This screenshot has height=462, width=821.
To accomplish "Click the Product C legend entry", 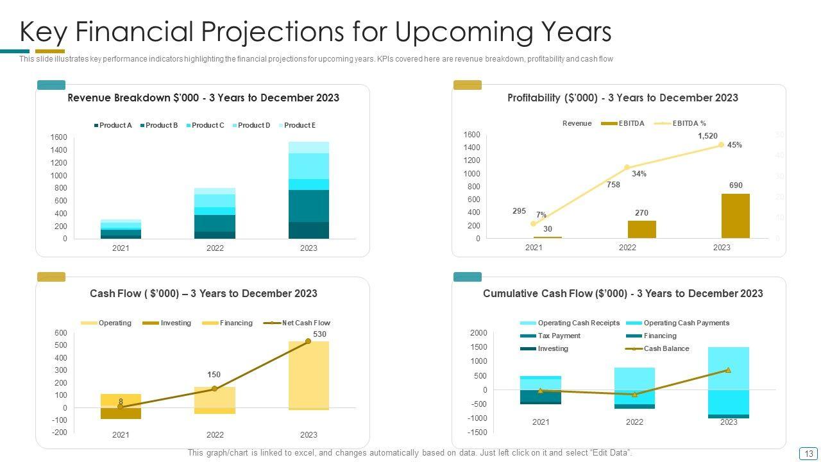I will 205,125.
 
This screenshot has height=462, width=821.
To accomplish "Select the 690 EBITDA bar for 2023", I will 735,216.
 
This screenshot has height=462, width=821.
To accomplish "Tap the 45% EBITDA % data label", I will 734,145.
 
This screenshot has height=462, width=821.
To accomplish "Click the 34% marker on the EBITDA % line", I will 627,167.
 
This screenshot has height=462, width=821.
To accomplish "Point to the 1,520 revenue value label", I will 707,136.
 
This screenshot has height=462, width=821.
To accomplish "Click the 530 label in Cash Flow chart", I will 319,334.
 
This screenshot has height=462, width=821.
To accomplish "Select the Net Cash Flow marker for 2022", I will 214,388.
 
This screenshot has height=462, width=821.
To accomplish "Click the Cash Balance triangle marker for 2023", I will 728,370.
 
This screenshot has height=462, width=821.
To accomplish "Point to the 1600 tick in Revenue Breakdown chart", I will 58,137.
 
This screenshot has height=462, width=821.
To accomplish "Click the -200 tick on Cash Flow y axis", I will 59,432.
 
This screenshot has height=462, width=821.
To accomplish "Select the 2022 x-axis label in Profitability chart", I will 627,248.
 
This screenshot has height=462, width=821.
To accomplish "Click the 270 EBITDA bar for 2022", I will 641,229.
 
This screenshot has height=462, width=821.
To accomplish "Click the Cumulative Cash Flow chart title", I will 622,293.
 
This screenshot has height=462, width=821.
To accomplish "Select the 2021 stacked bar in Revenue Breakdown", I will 121,229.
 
